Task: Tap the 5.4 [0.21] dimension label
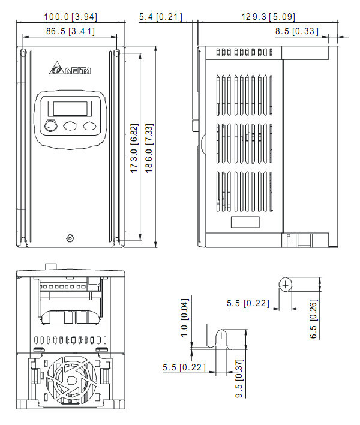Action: pos(160,17)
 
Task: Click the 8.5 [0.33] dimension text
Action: pos(297,31)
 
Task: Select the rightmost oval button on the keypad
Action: pos(90,126)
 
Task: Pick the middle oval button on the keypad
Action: pos(70,126)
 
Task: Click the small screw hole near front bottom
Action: pos(70,238)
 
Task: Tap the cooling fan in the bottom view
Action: pos(71,381)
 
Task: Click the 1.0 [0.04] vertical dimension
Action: pos(184,318)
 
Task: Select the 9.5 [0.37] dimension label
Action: pos(238,378)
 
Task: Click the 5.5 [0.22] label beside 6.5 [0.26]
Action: pos(247,304)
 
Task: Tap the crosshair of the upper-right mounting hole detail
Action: pos(286,283)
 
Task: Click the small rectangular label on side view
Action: pos(246,222)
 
